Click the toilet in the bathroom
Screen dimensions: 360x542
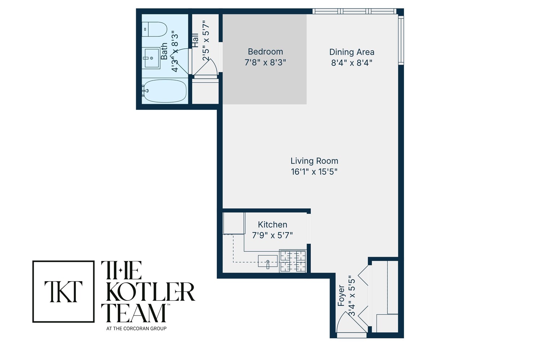[x=155, y=29]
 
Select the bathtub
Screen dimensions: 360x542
[x=165, y=90]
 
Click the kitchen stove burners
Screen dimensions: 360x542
[x=293, y=261]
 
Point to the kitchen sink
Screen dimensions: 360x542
[x=268, y=261]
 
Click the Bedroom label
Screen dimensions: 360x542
[x=265, y=52]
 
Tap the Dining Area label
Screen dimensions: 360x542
[x=352, y=52]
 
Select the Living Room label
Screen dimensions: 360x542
[x=314, y=161]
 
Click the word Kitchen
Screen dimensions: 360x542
[x=272, y=225]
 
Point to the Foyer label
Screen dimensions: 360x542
[x=341, y=296]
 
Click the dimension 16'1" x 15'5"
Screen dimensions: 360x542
[x=314, y=172]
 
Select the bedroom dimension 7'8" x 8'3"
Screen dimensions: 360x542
[x=265, y=62]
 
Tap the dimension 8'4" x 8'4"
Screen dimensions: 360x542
[x=352, y=62]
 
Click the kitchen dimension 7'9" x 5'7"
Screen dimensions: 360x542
[x=272, y=235]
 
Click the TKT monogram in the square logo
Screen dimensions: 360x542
[x=64, y=291]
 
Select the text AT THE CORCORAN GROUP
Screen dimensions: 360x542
[x=136, y=329]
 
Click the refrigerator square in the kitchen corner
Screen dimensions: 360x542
[x=234, y=223]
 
